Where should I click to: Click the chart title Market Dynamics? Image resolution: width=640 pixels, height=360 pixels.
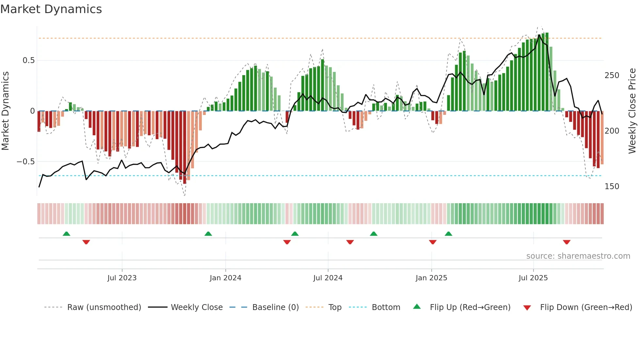(x=51, y=9)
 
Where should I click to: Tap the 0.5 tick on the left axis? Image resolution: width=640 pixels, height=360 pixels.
(x=28, y=60)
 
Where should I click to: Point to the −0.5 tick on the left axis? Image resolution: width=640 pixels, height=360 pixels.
(x=26, y=162)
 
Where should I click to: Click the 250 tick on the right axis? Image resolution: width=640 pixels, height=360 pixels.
(x=612, y=75)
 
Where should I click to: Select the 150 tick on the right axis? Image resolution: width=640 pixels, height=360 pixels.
(x=612, y=187)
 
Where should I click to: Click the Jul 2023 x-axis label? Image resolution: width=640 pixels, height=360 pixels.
(x=122, y=278)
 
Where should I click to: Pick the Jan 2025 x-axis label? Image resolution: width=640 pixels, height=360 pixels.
(x=431, y=278)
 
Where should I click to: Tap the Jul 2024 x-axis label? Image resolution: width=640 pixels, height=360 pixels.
(x=328, y=278)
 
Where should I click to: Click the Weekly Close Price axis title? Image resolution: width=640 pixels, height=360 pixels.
(x=632, y=111)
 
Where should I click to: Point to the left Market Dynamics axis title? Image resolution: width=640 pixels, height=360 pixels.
(x=5, y=111)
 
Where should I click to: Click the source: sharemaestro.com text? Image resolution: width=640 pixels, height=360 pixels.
(x=578, y=256)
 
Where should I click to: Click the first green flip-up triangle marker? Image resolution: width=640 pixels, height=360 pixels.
(x=66, y=234)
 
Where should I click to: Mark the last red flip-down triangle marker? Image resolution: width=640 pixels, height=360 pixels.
(x=567, y=242)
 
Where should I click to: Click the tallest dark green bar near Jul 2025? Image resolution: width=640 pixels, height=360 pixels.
(x=547, y=72)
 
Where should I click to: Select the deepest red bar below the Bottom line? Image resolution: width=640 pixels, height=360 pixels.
(x=185, y=147)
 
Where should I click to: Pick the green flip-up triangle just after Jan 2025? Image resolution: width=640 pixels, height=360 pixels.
(x=448, y=234)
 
